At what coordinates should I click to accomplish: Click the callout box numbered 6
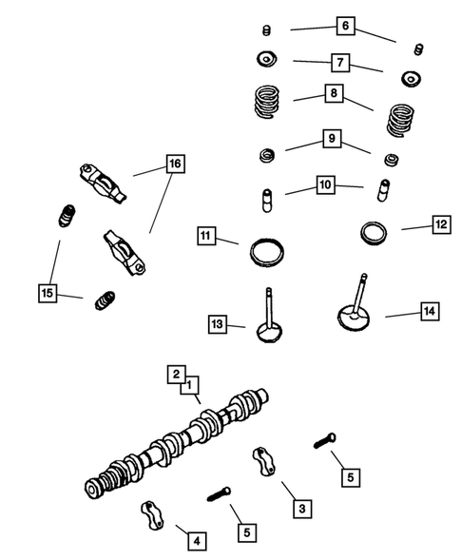click(x=345, y=27)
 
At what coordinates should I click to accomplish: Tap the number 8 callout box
click(x=332, y=94)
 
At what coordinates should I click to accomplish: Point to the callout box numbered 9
click(x=331, y=139)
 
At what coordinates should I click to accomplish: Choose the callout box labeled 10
click(x=326, y=184)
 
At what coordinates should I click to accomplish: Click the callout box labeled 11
click(x=206, y=235)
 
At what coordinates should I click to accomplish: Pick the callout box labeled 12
click(x=440, y=224)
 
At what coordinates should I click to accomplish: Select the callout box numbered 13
click(x=218, y=324)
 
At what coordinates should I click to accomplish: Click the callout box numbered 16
click(x=174, y=164)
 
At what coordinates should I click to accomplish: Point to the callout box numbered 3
click(x=301, y=510)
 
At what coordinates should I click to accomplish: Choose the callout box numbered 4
click(x=196, y=541)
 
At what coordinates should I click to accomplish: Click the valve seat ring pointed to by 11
click(x=266, y=253)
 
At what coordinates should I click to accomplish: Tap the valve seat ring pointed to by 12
click(x=375, y=231)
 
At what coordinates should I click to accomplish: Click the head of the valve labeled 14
click(x=353, y=313)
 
